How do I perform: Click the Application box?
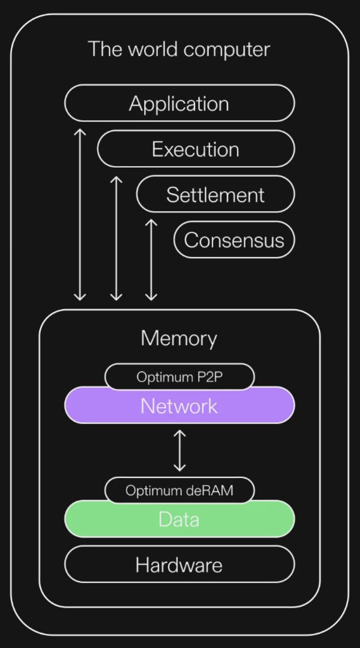(179, 103)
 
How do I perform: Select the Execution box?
(195, 149)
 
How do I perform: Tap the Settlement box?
(215, 194)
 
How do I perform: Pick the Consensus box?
(234, 239)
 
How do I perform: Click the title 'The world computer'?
(179, 50)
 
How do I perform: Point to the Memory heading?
(179, 338)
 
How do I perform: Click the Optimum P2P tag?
(179, 377)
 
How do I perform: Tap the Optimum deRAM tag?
(179, 491)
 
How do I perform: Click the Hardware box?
(179, 564)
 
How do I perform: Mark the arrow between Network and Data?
(179, 450)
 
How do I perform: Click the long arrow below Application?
(79, 214)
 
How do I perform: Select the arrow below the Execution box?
(116, 238)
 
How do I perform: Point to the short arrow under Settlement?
(151, 259)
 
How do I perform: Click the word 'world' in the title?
(152, 50)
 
